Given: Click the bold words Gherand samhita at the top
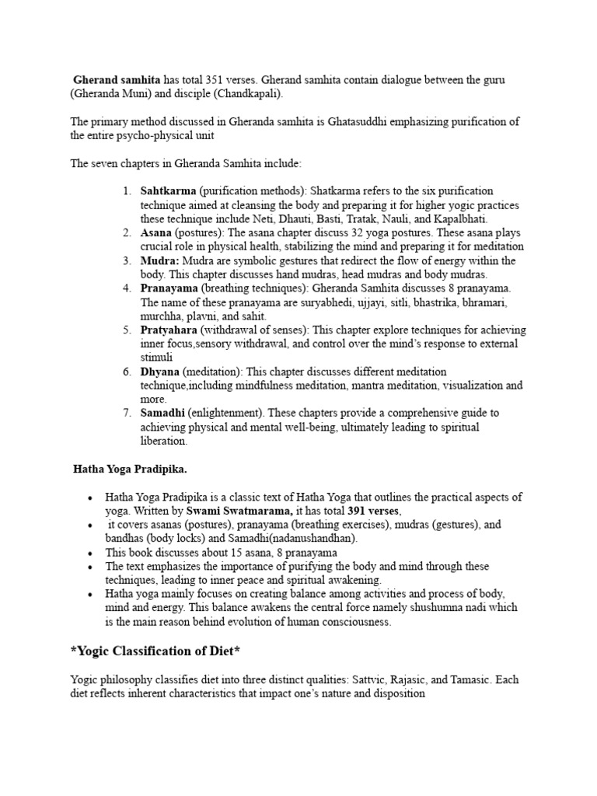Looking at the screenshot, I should click(x=117, y=80).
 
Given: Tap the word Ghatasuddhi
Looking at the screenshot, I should click(x=362, y=122).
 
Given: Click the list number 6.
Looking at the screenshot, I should click(x=127, y=372).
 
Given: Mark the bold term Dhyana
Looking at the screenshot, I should click(x=160, y=372).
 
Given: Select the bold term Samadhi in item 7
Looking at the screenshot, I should click(x=162, y=413).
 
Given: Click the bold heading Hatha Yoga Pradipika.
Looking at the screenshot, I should click(x=130, y=470).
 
